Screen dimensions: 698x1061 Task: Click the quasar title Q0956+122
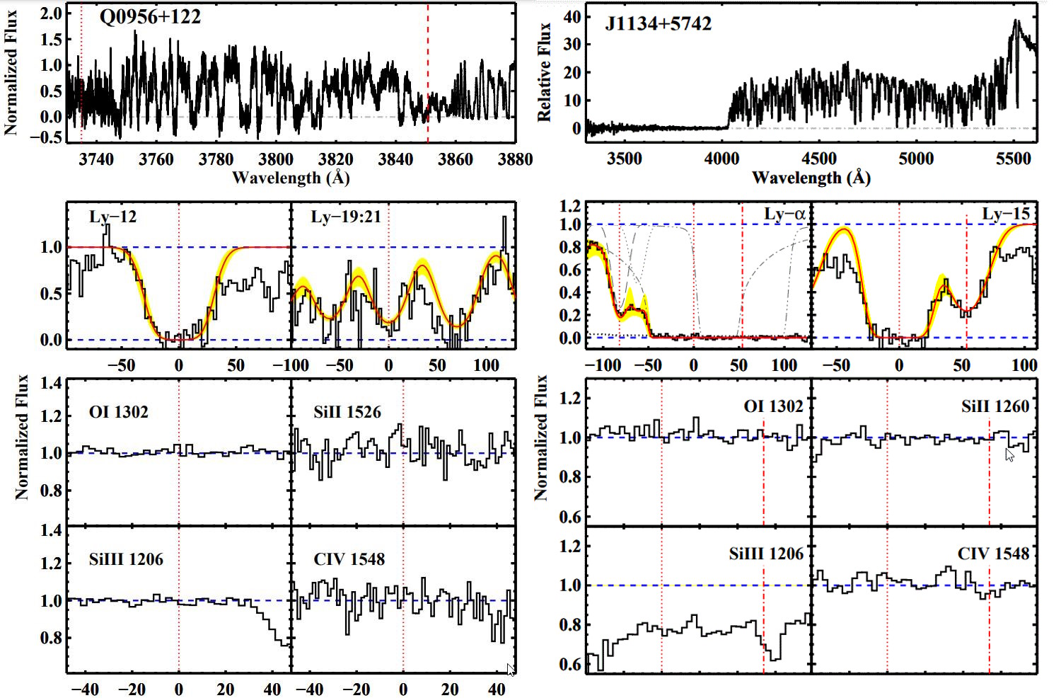pyautogui.click(x=150, y=16)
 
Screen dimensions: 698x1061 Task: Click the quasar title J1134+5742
pyautogui.click(x=658, y=24)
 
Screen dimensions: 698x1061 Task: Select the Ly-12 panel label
pyautogui.click(x=112, y=217)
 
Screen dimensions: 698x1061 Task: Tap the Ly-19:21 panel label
pyautogui.click(x=346, y=217)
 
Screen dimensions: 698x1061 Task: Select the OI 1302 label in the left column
pyautogui.click(x=119, y=412)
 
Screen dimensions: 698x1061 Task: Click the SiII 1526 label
pyautogui.click(x=347, y=412)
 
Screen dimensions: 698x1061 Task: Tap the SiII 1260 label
pyautogui.click(x=995, y=406)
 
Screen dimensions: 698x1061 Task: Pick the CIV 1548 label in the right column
pyautogui.click(x=993, y=554)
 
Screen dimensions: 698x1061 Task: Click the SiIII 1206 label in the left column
pyautogui.click(x=126, y=559)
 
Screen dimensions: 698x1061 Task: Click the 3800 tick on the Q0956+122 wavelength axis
pyautogui.click(x=276, y=159)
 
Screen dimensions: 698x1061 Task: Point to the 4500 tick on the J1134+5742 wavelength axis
pyautogui.click(x=818, y=159)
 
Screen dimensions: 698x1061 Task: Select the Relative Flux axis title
pyautogui.click(x=544, y=71)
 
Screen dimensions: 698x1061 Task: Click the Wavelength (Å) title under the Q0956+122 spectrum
pyautogui.click(x=291, y=177)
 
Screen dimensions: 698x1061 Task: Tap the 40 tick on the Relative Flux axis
pyautogui.click(x=572, y=16)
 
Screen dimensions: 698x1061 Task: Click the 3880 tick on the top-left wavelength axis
pyautogui.click(x=514, y=159)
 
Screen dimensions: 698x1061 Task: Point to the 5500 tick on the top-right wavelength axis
pyautogui.click(x=1013, y=159)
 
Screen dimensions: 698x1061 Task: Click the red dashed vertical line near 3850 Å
pyautogui.click(x=428, y=71)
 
